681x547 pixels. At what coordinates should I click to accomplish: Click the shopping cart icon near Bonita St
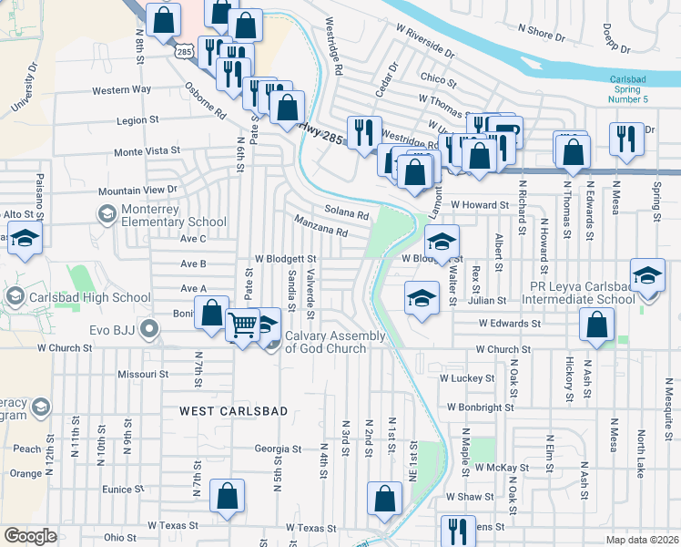[x=242, y=324]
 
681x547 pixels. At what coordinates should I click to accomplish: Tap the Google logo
[x=30, y=536]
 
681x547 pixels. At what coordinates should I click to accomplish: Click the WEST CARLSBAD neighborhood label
[x=233, y=411]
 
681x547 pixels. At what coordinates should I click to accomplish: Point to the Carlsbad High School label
[x=88, y=297]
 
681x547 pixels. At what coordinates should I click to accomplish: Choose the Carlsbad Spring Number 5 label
[x=641, y=89]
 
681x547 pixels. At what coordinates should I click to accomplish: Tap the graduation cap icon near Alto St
[x=25, y=238]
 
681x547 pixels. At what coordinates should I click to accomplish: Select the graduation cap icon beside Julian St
[x=422, y=299]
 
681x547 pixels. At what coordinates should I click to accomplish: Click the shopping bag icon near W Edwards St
[x=595, y=325]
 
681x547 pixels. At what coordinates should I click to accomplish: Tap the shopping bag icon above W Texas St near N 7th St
[x=228, y=496]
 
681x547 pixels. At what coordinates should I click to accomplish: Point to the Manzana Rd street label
[x=320, y=226]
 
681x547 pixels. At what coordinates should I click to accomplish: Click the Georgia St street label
[x=278, y=449]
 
